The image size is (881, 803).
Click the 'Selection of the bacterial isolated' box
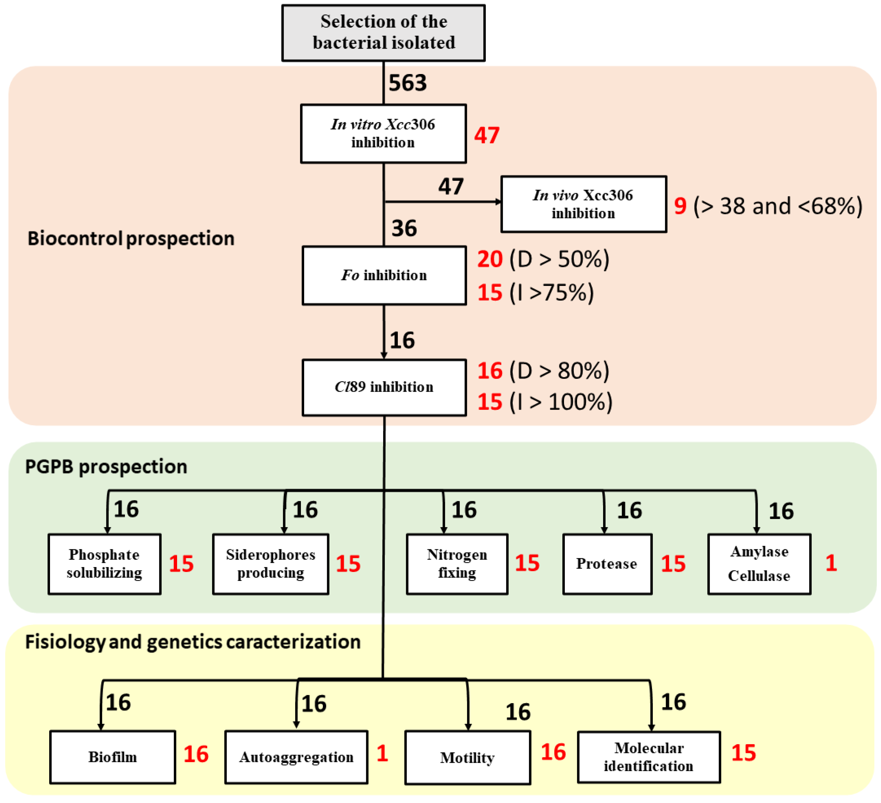[383, 33]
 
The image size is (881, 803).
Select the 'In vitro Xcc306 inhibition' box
[383, 134]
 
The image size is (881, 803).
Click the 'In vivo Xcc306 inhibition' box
[583, 204]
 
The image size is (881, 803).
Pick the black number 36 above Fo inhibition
[404, 228]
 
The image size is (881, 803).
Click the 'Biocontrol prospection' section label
[131, 238]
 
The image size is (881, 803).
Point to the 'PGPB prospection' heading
[106, 467]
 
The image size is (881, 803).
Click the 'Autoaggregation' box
[296, 757]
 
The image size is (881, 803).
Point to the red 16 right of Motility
[553, 752]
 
